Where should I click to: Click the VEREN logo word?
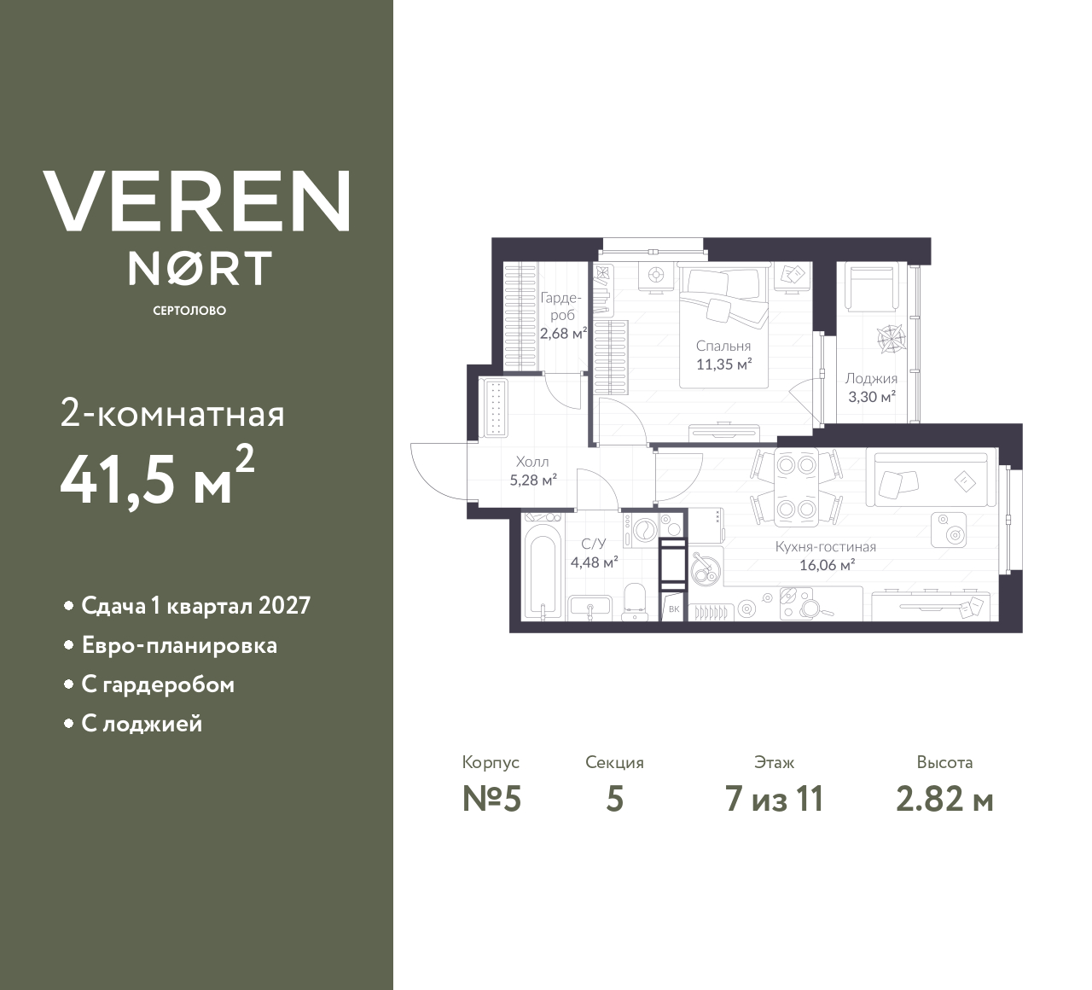pos(197,201)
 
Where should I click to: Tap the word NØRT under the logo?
pos(200,268)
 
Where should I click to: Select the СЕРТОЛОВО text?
pos(189,311)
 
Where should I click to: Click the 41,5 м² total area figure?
pos(157,476)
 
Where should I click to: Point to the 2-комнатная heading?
pos(172,415)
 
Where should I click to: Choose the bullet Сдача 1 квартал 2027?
pos(195,606)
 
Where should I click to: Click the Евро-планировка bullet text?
pos(179,645)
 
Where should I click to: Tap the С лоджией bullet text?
pos(142,724)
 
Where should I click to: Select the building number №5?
pos(491,799)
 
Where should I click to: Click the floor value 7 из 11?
pos(774,799)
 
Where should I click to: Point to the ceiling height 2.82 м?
pos(944,799)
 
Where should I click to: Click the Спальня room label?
pos(723,346)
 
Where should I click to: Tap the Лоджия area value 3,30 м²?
pos(870,397)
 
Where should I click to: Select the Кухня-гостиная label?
pos(826,547)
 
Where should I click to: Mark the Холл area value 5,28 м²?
pos(533,480)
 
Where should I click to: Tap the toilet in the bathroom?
pos(636,601)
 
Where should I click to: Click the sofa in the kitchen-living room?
pos(930,480)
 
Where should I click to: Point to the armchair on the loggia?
pos(871,287)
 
